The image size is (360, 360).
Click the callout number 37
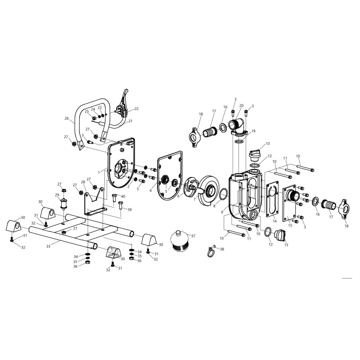click(193, 236)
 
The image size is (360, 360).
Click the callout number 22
click(136, 109)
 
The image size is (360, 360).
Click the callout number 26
click(67, 118)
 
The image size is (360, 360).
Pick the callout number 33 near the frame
click(48, 246)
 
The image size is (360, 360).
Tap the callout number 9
click(222, 212)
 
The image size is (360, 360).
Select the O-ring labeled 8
click(224, 195)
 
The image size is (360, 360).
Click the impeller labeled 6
click(190, 187)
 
